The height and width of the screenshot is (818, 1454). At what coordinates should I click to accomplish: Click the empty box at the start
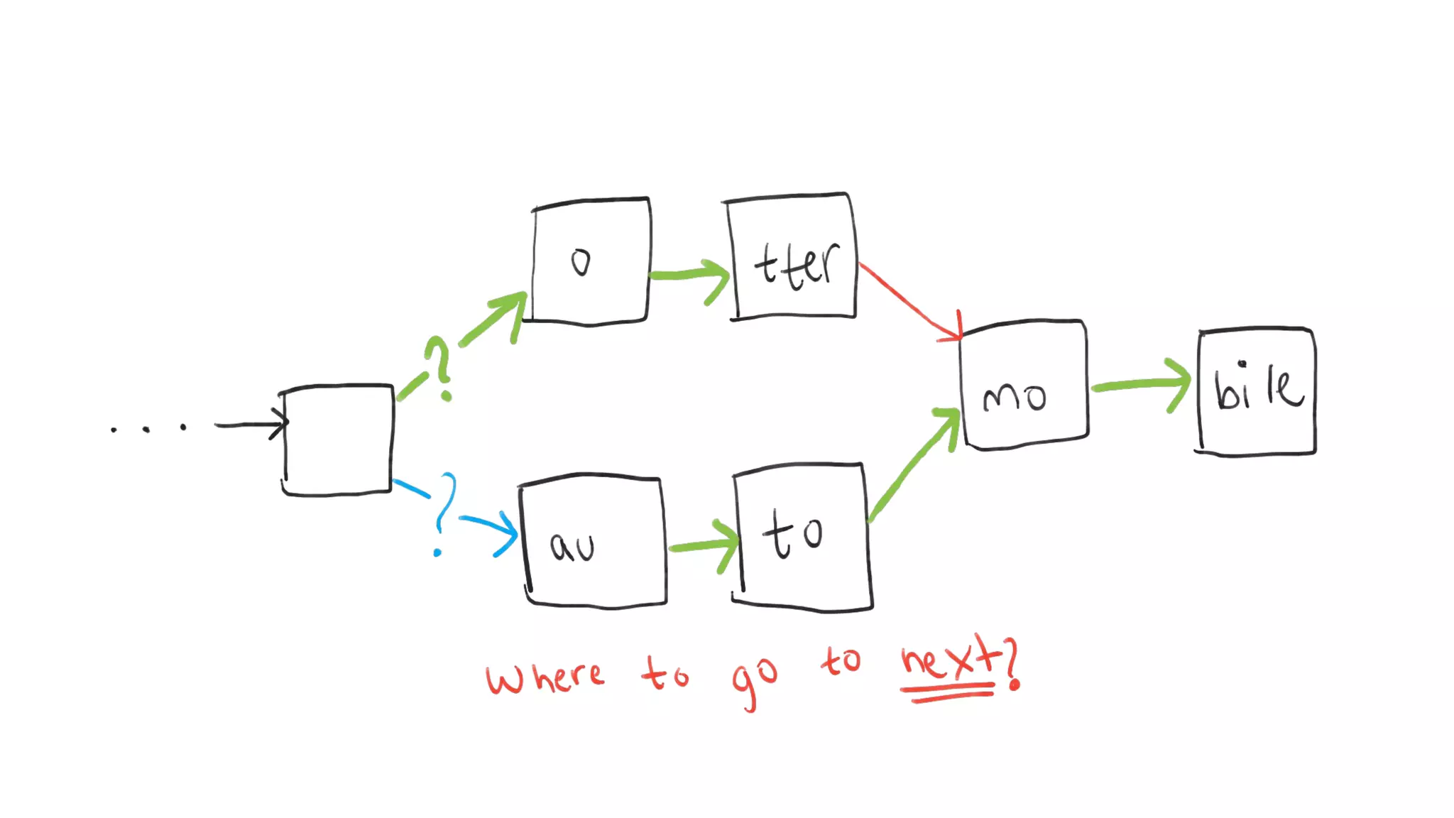pyautogui.click(x=337, y=440)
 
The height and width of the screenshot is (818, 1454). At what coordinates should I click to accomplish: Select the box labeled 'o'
pyautogui.click(x=590, y=262)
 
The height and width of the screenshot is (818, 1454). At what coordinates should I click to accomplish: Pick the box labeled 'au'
pyautogui.click(x=594, y=542)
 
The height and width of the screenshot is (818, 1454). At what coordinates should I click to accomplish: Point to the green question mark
pyautogui.click(x=439, y=366)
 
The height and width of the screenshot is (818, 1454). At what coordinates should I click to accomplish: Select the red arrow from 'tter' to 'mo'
pyautogui.click(x=909, y=301)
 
